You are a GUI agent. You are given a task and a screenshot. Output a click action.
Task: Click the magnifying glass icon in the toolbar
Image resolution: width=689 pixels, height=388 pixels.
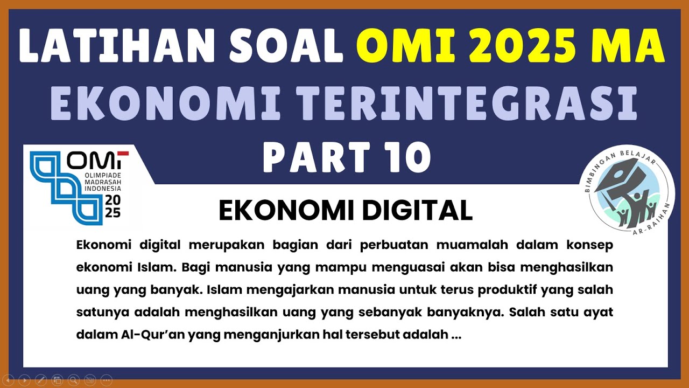coord(74,379)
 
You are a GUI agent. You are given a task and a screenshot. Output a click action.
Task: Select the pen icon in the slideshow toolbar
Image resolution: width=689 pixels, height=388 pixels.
coord(41,379)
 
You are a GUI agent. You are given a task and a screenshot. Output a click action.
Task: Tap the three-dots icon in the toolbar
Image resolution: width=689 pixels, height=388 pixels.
coord(106,379)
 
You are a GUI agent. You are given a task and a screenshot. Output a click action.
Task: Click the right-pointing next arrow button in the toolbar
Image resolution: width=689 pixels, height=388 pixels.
coord(24,379)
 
